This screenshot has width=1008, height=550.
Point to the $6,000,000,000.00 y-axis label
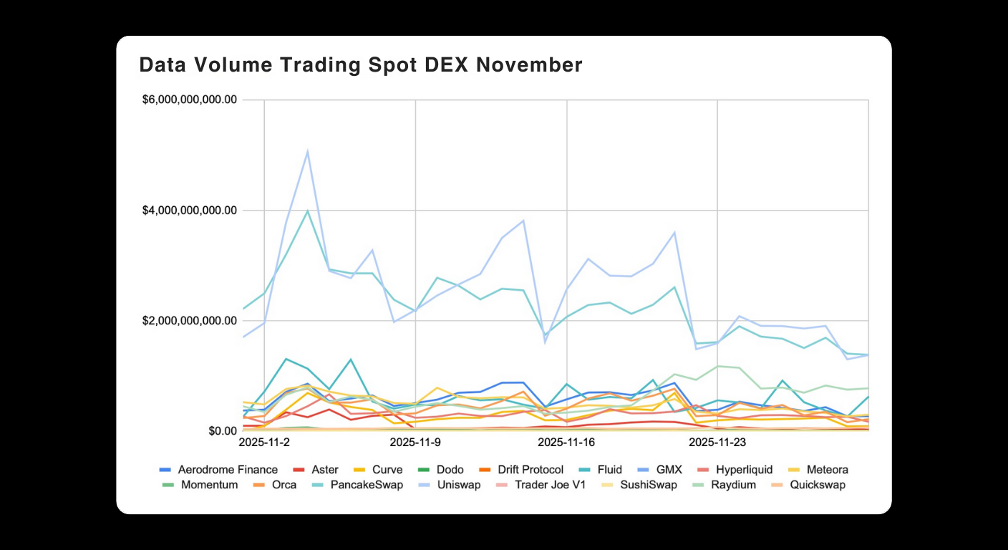pyautogui.click(x=190, y=100)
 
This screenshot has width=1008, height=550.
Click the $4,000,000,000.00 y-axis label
pyautogui.click(x=190, y=211)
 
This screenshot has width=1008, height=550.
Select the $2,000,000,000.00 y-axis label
pyautogui.click(x=190, y=321)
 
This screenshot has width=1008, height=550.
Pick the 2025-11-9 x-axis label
pyautogui.click(x=415, y=443)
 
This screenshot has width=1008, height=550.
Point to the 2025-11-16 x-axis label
pyautogui.click(x=567, y=443)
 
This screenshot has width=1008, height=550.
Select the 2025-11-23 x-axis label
pyautogui.click(x=717, y=443)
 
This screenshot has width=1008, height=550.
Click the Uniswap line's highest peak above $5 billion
pyautogui.click(x=307, y=151)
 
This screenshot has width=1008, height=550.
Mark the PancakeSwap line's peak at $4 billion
pyautogui.click(x=307, y=211)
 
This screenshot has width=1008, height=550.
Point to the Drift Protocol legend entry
pyautogui.click(x=525, y=470)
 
